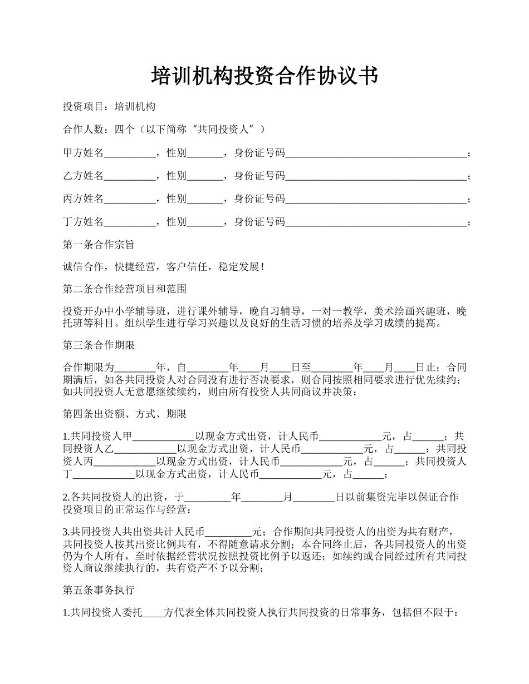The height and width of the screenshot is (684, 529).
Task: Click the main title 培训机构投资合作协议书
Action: (264, 76)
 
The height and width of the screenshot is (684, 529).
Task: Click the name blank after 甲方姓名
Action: (129, 153)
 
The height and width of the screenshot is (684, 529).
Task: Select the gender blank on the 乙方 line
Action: (204, 176)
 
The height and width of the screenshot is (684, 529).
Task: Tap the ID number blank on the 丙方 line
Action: (376, 199)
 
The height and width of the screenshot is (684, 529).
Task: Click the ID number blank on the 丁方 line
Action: (376, 222)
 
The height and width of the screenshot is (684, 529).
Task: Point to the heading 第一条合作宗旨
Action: (99, 245)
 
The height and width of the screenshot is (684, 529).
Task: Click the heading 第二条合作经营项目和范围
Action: (124, 289)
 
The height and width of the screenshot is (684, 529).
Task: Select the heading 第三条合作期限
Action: (99, 345)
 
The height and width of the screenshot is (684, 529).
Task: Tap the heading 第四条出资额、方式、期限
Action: (124, 414)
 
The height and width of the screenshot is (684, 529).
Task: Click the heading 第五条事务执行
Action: (99, 589)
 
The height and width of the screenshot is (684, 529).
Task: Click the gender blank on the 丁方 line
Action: (204, 222)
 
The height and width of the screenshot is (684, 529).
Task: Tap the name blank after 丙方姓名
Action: (129, 199)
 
